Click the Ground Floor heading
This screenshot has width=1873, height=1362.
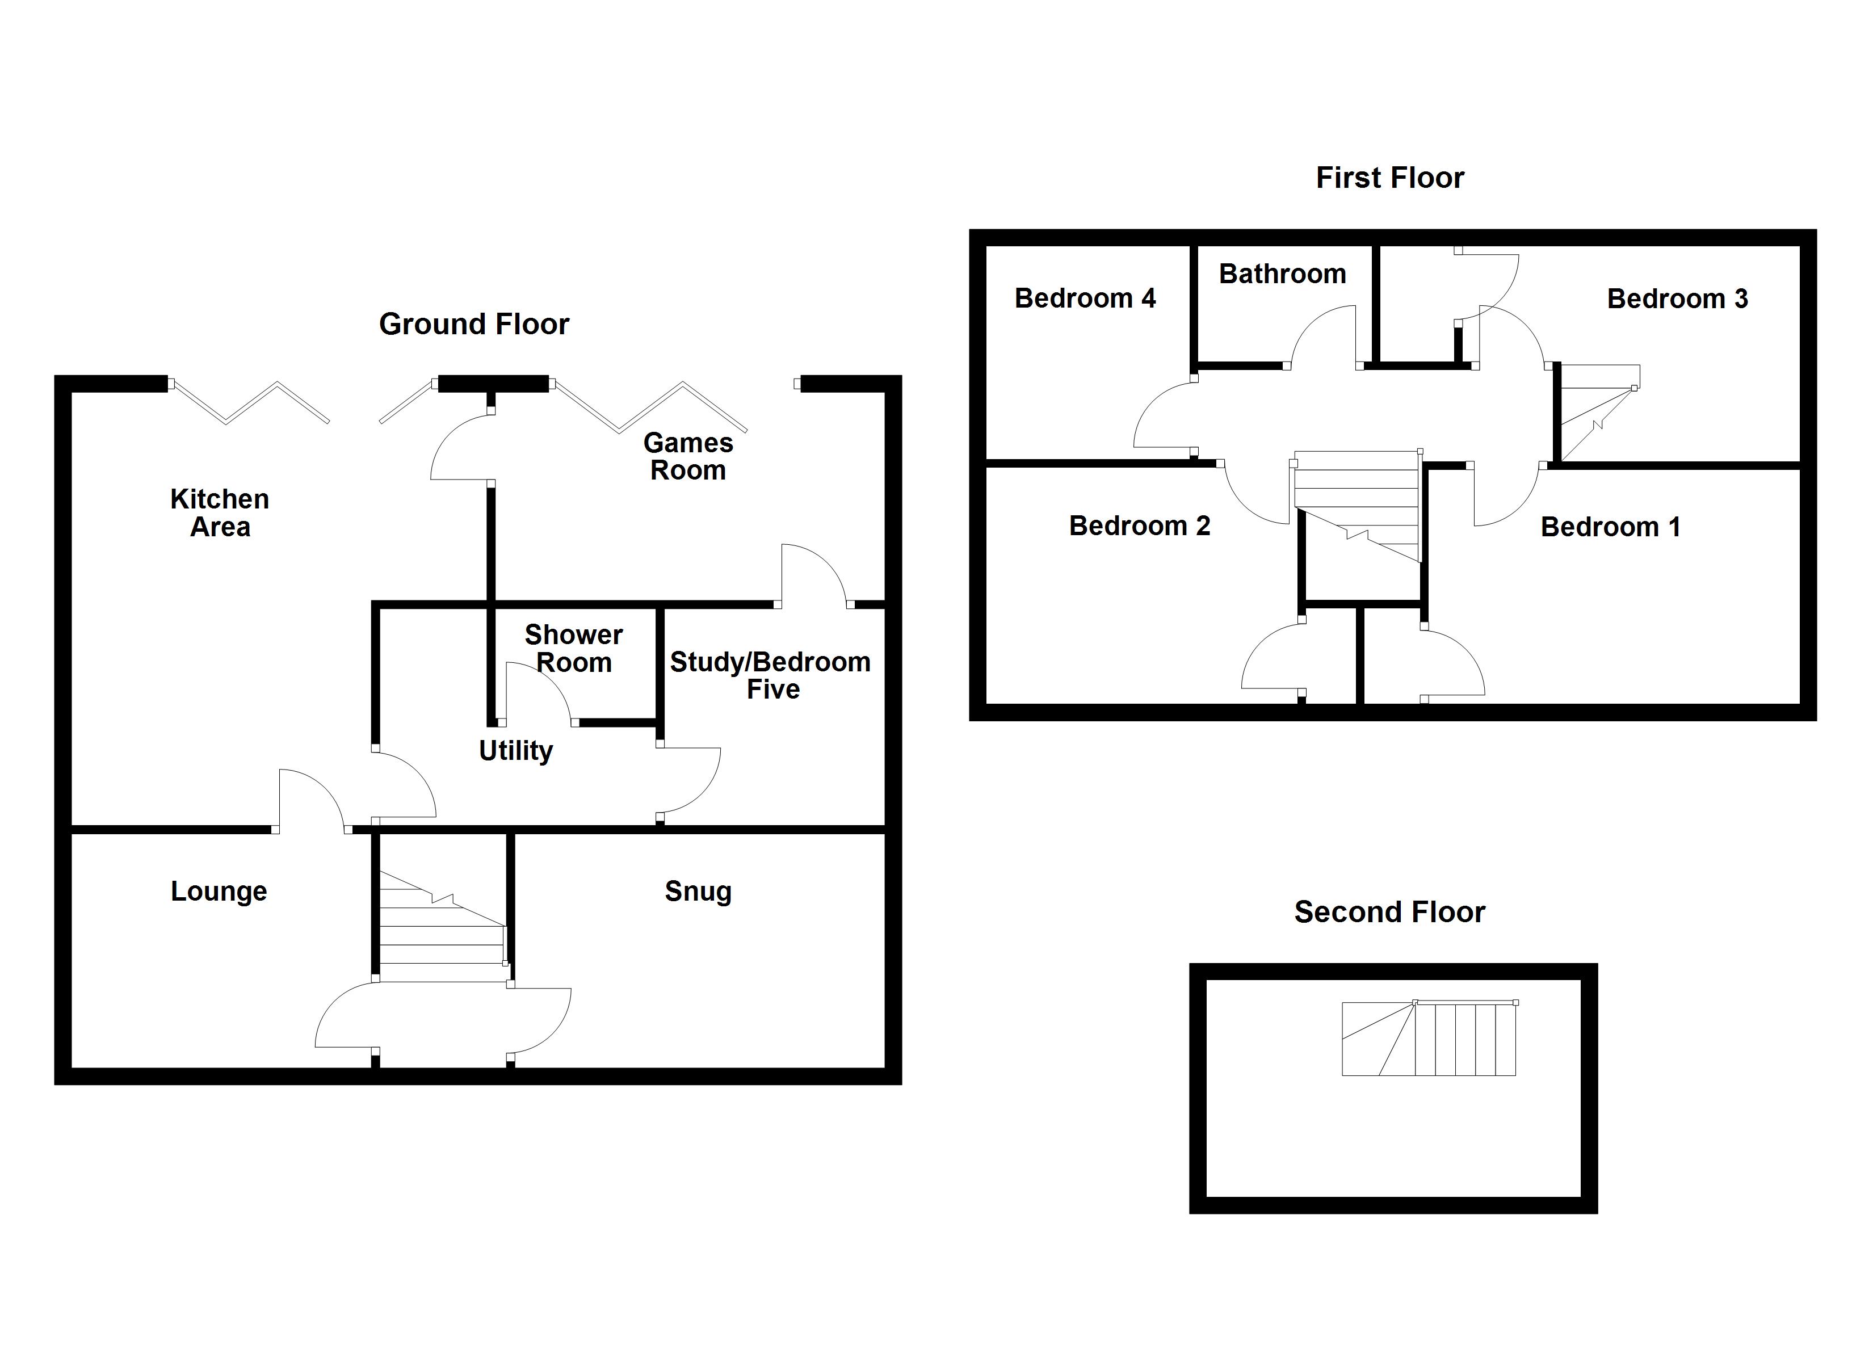click(473, 324)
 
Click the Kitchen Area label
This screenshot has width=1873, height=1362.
click(220, 513)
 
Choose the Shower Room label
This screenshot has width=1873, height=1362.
click(574, 649)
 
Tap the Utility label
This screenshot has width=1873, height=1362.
click(515, 750)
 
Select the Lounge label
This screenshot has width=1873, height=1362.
click(219, 891)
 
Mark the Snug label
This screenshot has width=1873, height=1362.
click(698, 891)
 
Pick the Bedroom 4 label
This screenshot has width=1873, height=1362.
click(1084, 298)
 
